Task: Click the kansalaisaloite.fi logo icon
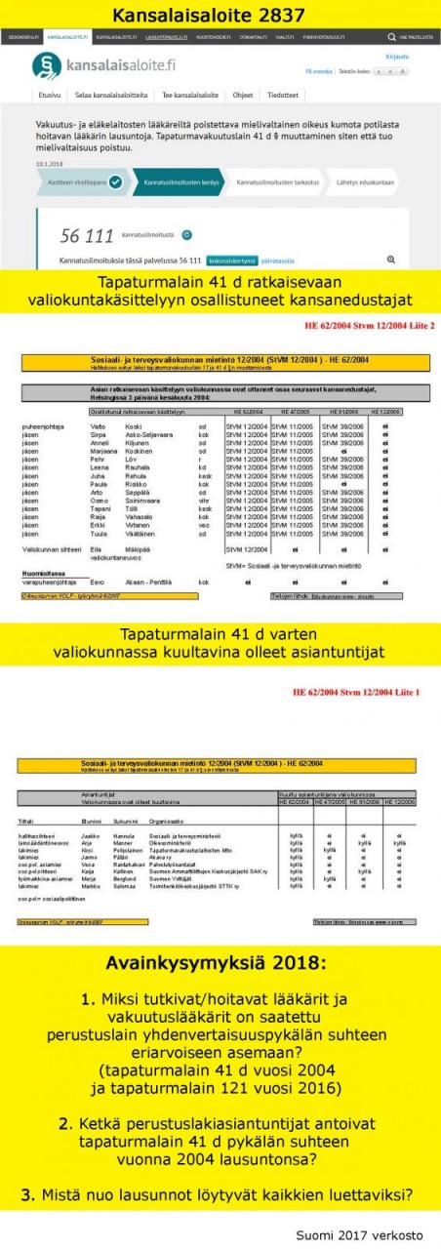[x=45, y=65]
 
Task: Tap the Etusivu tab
[x=51, y=96]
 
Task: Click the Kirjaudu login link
[x=397, y=57]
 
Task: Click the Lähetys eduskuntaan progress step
[x=366, y=182]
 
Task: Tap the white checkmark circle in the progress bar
[x=116, y=182]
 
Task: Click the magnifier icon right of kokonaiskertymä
[x=391, y=232]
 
